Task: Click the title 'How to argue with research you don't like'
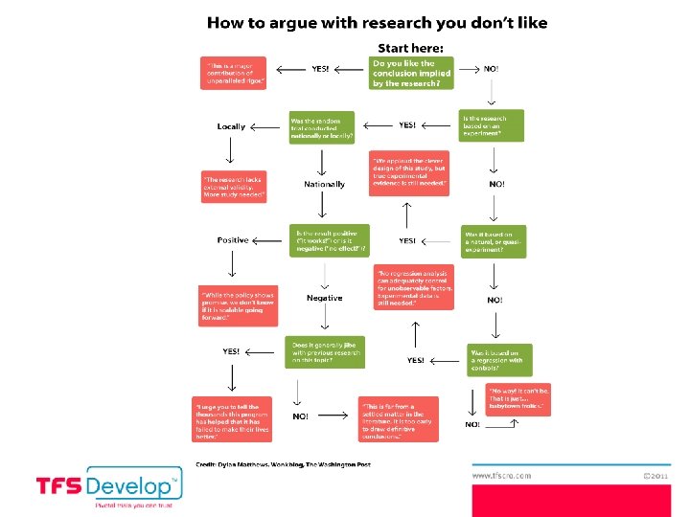pos(378,22)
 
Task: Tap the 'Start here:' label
pos(410,48)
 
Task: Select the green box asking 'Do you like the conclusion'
pos(410,73)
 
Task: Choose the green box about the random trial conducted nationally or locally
pos(322,127)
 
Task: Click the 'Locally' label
pos(231,126)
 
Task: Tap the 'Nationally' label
pos(324,184)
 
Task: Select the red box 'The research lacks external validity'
pos(234,187)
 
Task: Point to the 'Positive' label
pos(232,240)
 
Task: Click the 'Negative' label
pos(324,298)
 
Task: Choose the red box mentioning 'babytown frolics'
pos(518,399)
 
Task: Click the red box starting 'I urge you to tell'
pos(232,418)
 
